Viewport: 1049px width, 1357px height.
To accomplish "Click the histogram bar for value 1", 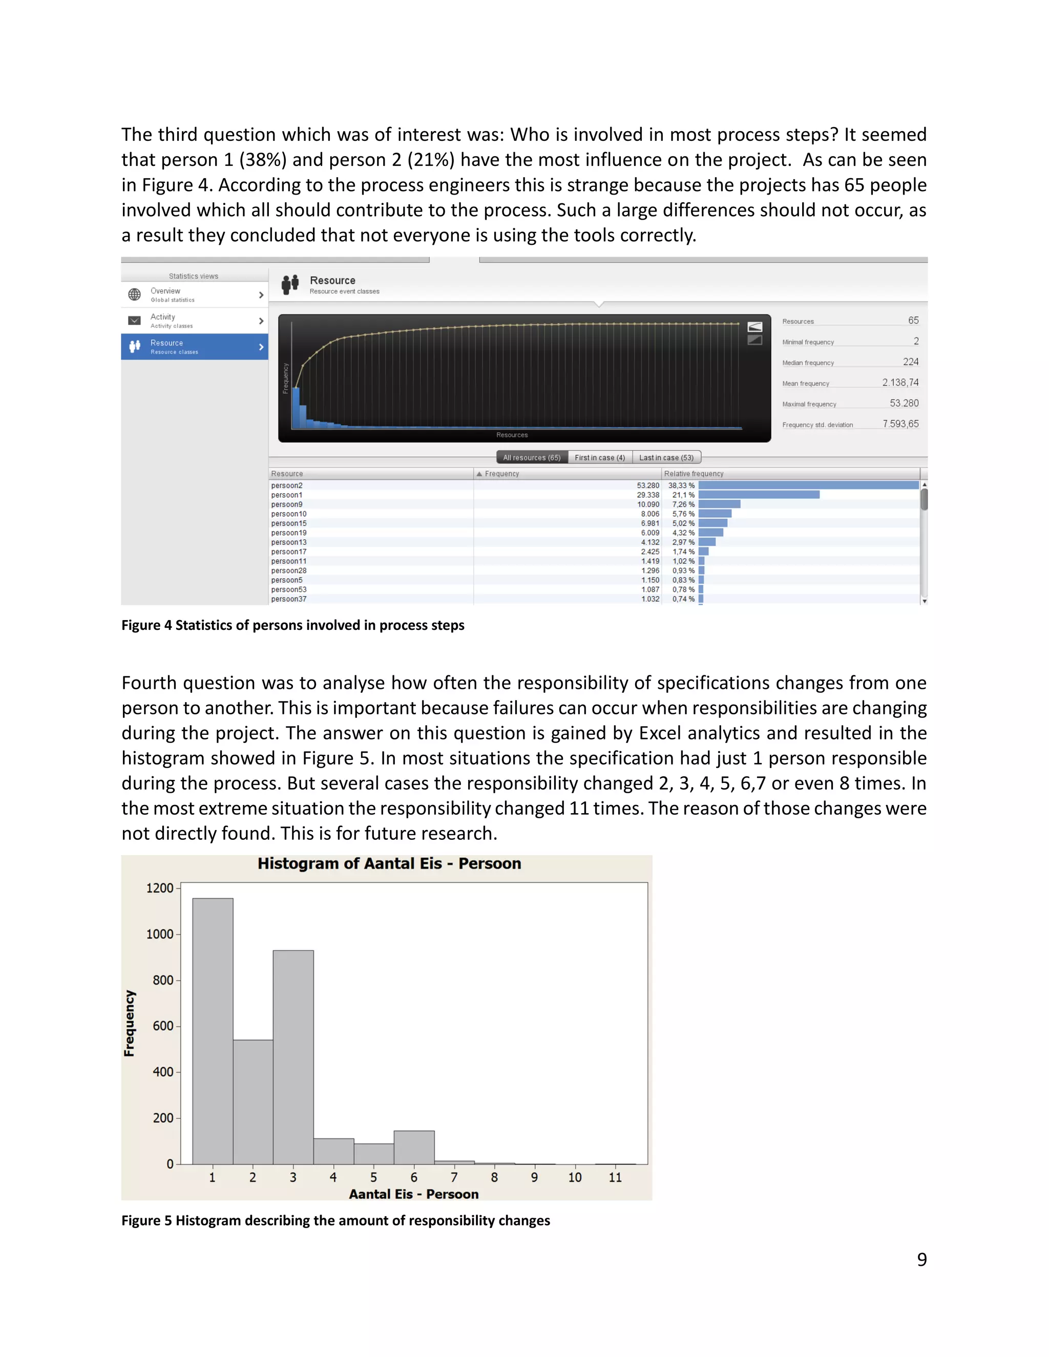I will (213, 1031).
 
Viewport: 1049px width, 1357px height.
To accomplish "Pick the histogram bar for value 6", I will (414, 1148).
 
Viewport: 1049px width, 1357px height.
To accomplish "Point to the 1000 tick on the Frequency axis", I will (160, 935).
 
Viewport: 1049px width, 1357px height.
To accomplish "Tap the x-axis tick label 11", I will (615, 1177).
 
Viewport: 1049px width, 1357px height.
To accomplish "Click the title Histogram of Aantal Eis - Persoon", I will (389, 864).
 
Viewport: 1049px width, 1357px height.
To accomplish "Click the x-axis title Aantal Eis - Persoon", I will (413, 1194).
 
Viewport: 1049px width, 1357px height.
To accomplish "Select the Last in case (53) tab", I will (666, 458).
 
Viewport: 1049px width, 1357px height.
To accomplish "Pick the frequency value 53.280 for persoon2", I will (647, 486).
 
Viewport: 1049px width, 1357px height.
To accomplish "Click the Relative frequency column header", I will (694, 474).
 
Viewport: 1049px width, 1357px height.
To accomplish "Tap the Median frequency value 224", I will (910, 362).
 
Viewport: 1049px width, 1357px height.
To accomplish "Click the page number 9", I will (921, 1260).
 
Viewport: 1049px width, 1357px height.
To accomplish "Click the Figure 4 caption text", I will (292, 625).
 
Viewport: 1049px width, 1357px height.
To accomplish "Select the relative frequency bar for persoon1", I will (758, 495).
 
